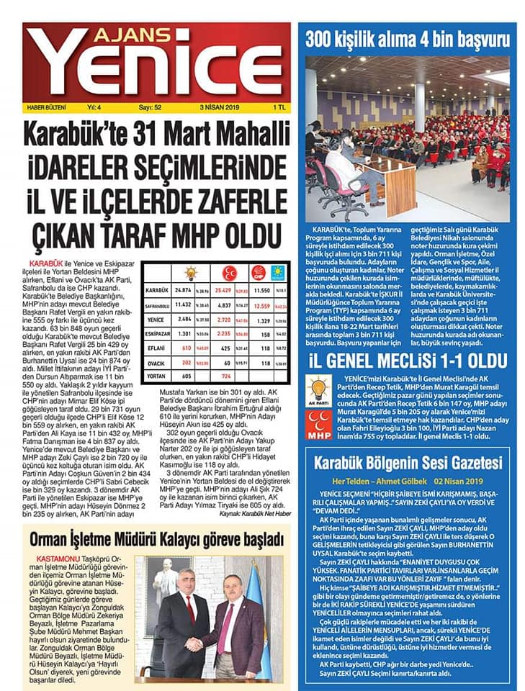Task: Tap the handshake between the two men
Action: pos(195,643)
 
